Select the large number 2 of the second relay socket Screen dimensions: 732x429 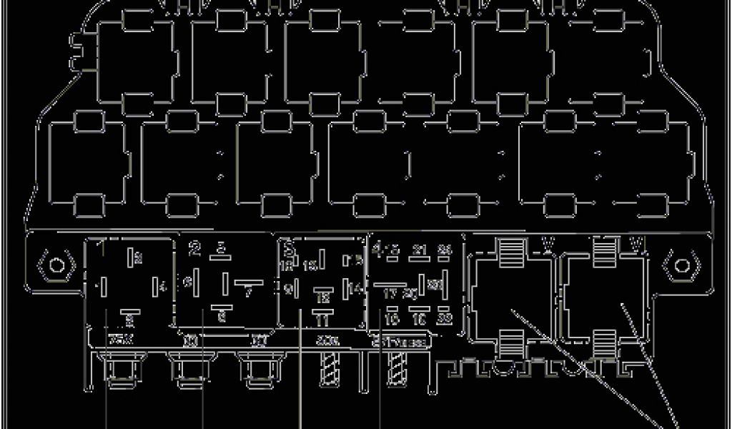point(194,249)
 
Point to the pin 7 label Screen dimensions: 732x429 point(248,292)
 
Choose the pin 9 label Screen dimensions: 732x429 point(287,289)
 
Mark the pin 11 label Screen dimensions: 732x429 point(322,319)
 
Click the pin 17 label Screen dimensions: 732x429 point(390,293)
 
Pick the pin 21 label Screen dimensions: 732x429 point(420,250)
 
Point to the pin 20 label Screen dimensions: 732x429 point(410,293)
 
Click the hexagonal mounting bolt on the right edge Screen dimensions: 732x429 point(681,266)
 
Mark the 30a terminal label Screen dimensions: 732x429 point(327,341)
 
